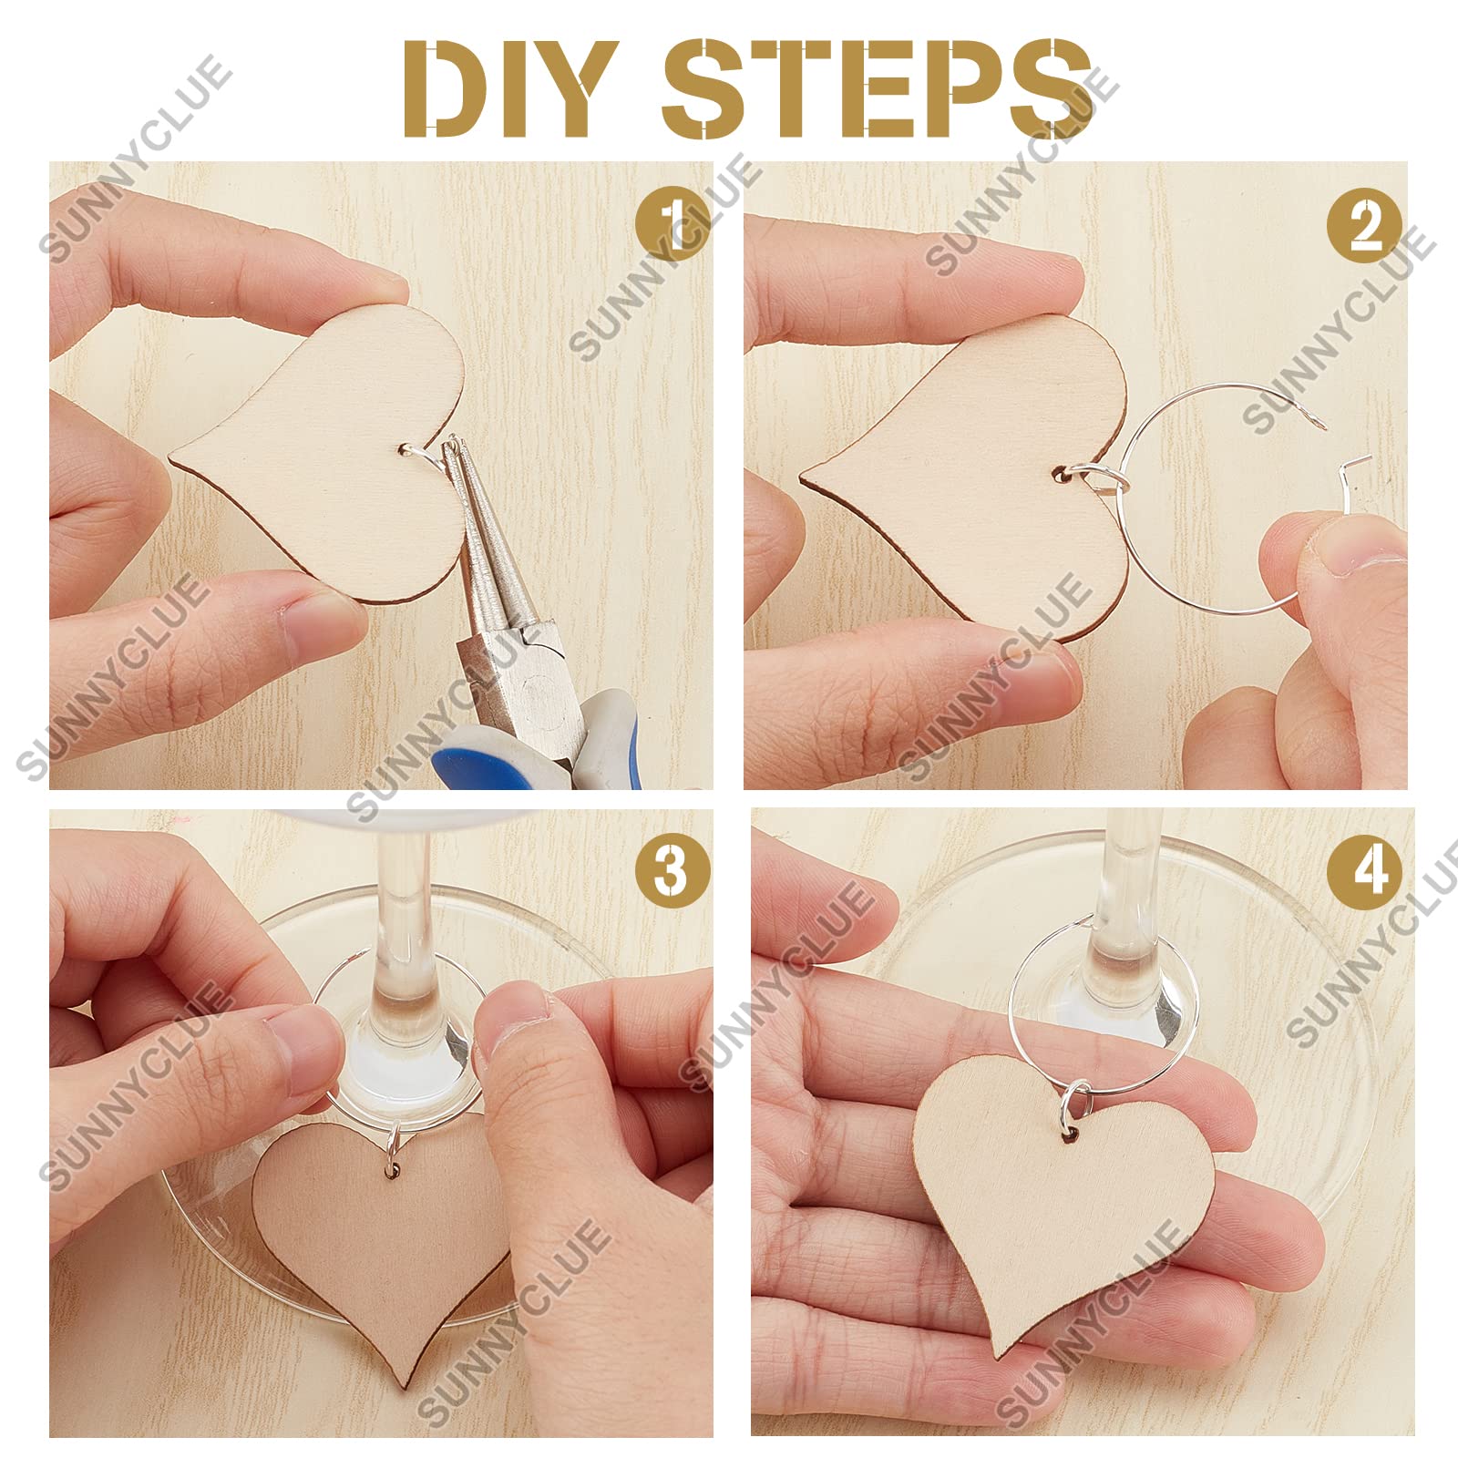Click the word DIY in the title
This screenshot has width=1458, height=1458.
coord(507,89)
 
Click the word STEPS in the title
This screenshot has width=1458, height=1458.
coord(877,89)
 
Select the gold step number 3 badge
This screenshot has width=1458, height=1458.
coord(673,868)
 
